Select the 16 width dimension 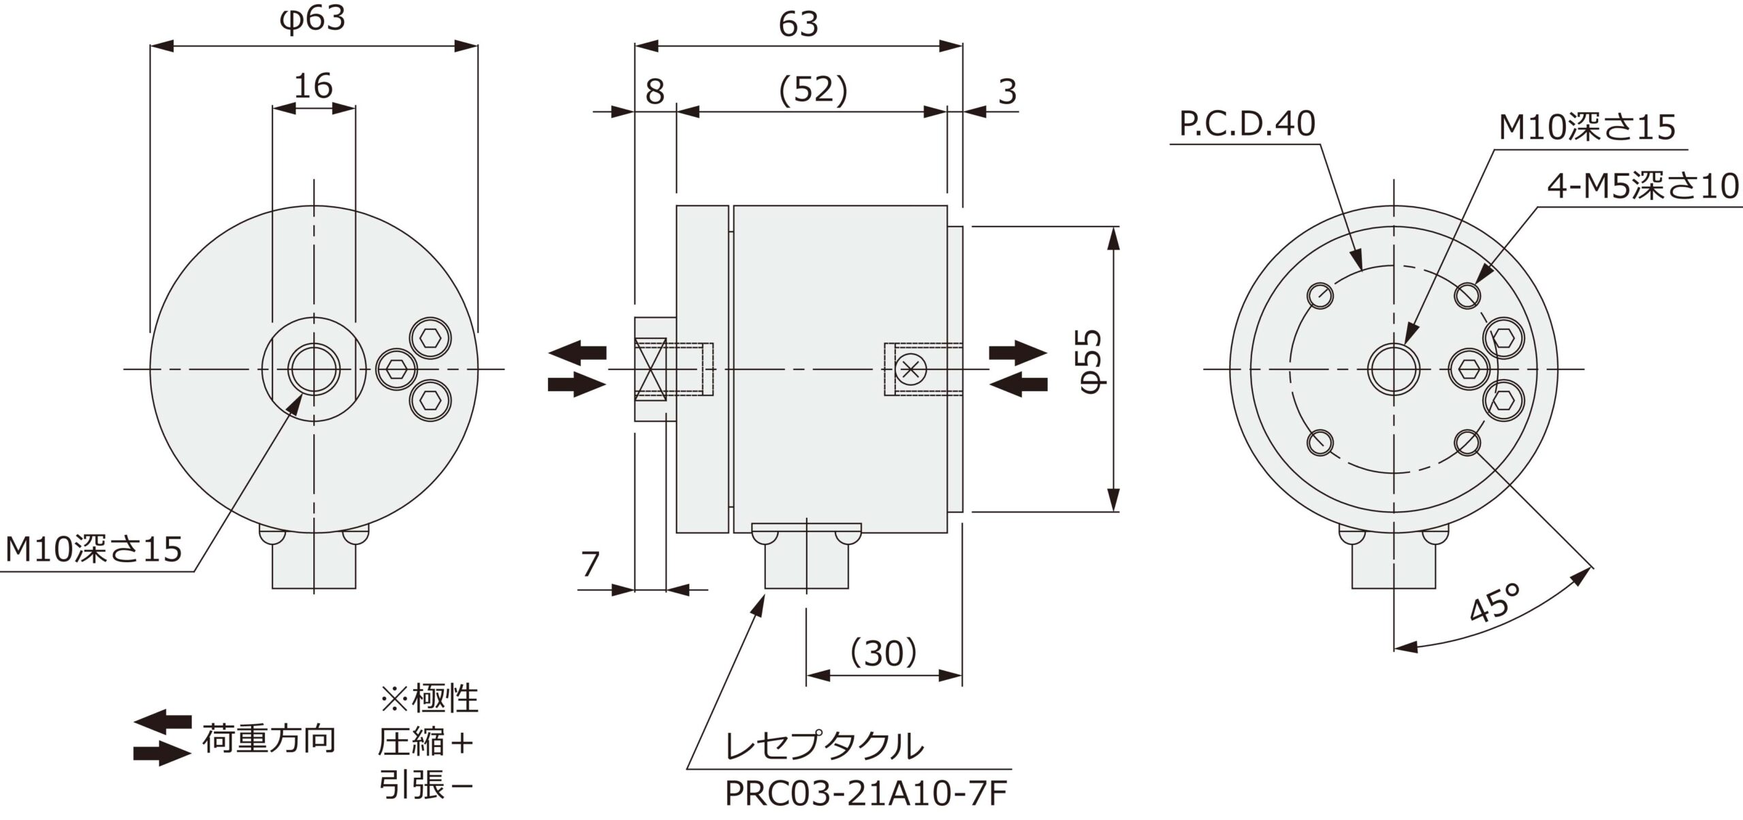pyautogui.click(x=313, y=86)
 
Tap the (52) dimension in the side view pyautogui.click(x=814, y=90)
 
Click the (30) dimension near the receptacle pyautogui.click(x=883, y=653)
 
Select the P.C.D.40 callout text pyautogui.click(x=1247, y=125)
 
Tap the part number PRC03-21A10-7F pyautogui.click(x=865, y=794)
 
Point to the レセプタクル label pyautogui.click(x=825, y=747)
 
